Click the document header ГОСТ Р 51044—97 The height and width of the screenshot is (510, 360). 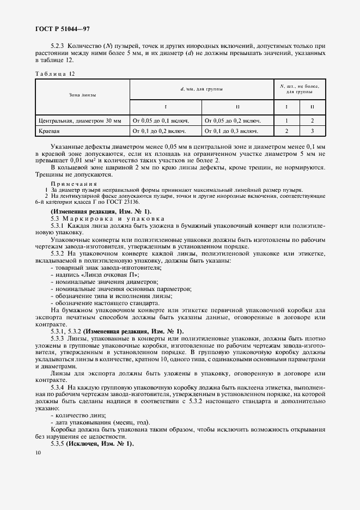point(63,29)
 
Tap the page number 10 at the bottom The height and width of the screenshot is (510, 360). point(38,452)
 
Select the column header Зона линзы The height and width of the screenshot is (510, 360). point(82,95)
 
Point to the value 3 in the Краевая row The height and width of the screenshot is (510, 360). point(312,131)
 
